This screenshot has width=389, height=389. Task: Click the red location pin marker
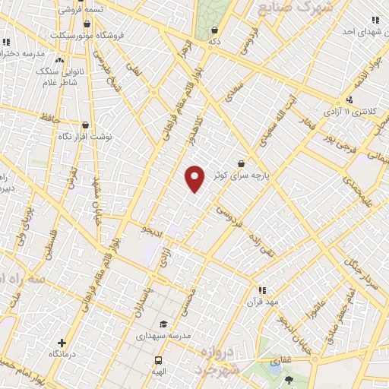[195, 178]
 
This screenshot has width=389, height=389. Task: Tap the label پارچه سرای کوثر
[253, 174]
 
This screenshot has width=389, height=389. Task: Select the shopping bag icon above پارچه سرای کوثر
[241, 163]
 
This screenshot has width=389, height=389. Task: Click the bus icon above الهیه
[158, 360]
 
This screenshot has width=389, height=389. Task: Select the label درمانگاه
[65, 354]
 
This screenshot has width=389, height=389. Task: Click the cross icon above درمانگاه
[62, 343]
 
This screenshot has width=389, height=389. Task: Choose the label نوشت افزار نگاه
[86, 137]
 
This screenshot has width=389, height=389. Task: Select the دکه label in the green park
[215, 41]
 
